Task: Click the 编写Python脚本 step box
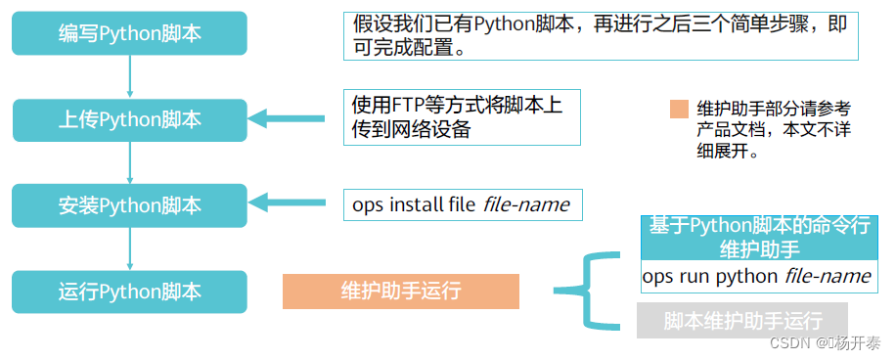click(129, 34)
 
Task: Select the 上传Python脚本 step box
click(129, 119)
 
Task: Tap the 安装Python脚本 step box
click(129, 204)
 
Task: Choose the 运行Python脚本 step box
click(129, 291)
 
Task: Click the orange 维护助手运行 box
click(400, 291)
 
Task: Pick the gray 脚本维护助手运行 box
click(741, 321)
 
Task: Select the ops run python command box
click(757, 277)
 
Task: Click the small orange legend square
click(679, 109)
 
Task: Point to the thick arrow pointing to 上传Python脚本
click(288, 119)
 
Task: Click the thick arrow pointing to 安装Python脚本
click(288, 203)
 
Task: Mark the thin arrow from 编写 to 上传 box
click(129, 76)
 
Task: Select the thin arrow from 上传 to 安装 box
click(129, 162)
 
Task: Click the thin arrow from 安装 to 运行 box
click(129, 247)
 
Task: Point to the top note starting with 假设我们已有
click(601, 36)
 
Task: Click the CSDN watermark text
click(825, 344)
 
